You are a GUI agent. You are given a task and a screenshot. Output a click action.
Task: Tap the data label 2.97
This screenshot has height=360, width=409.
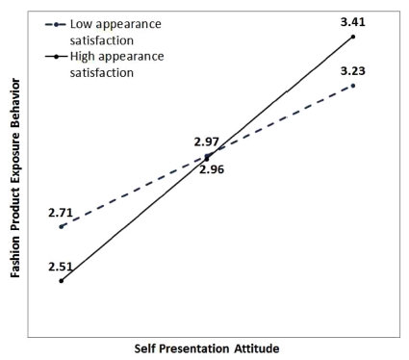pos(206,141)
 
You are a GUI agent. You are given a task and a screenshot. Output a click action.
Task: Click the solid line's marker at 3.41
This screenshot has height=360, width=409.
pos(353,37)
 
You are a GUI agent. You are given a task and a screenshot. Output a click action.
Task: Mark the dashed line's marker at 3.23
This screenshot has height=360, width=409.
pos(353,86)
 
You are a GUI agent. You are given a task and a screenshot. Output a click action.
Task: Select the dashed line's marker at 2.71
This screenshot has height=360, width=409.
pos(62,226)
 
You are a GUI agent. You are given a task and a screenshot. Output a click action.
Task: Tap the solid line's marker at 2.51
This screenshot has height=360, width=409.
pos(62,281)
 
